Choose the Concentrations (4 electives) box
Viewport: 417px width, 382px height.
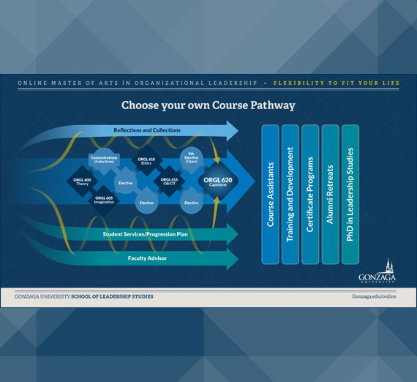(104, 160)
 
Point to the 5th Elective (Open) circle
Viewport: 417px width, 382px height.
(191, 159)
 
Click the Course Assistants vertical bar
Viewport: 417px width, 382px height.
(270, 193)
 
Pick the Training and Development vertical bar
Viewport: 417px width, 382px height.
(290, 193)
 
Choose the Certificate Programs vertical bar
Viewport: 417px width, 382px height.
(310, 193)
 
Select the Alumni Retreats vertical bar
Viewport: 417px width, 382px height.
(330, 193)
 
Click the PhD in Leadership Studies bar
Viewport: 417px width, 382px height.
(350, 193)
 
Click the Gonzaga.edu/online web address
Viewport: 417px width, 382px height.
(376, 296)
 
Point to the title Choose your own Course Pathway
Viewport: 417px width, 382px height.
(208, 105)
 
